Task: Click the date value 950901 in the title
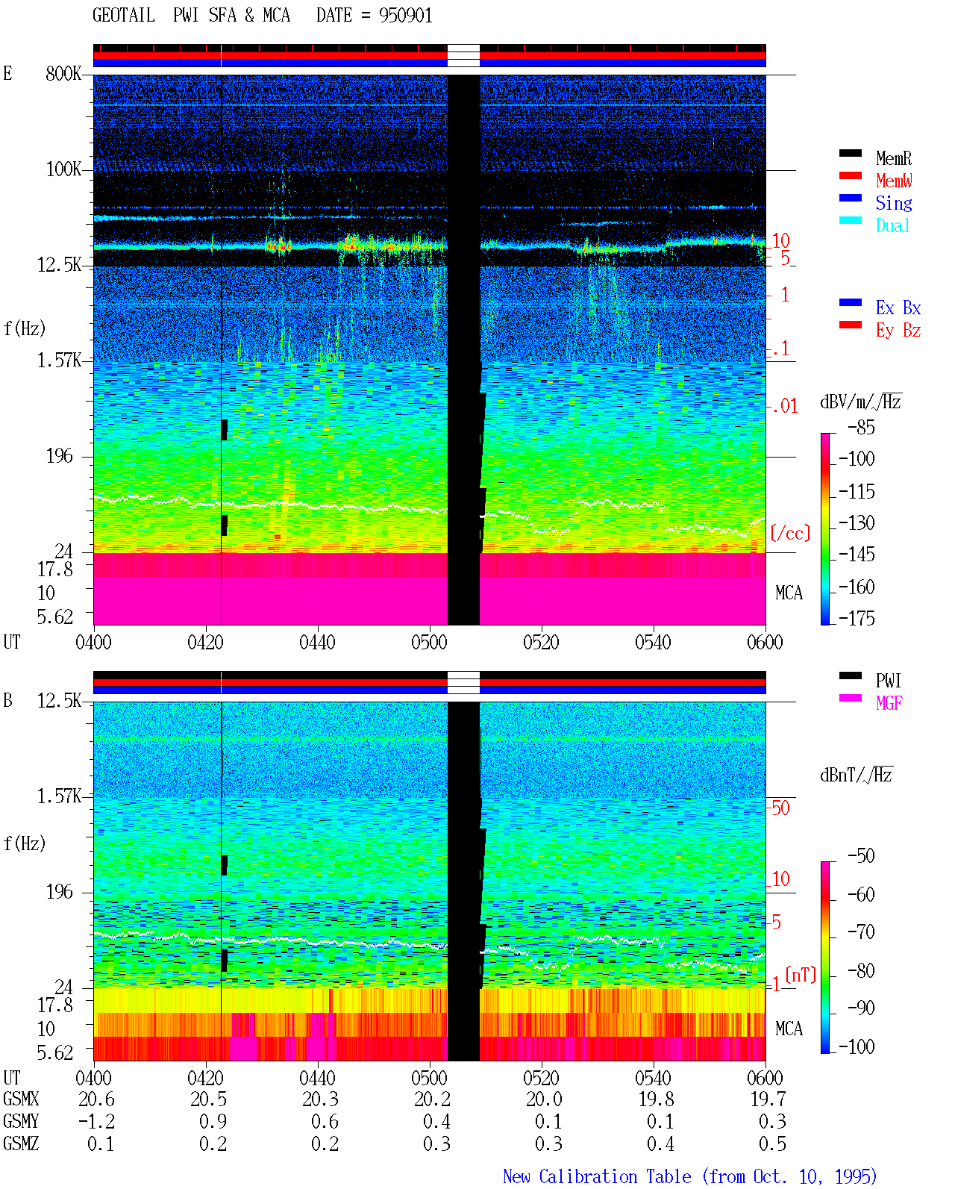coord(405,15)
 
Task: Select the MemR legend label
coord(893,158)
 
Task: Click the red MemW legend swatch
coord(850,175)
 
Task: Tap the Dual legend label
coord(892,225)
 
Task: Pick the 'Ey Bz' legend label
coord(898,330)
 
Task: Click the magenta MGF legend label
coord(889,703)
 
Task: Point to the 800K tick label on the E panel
coord(63,73)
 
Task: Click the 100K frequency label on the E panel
coord(63,169)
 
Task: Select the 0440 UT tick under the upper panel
coord(317,642)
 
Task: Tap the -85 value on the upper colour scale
coord(861,427)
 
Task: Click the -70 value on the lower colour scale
coord(861,931)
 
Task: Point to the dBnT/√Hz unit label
coord(856,775)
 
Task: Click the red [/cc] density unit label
coord(790,533)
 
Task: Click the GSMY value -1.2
coord(97,1121)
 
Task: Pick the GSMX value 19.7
coord(768,1099)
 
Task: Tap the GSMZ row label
coord(21,1143)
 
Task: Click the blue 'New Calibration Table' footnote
coord(597,1176)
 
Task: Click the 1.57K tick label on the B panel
coord(59,796)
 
